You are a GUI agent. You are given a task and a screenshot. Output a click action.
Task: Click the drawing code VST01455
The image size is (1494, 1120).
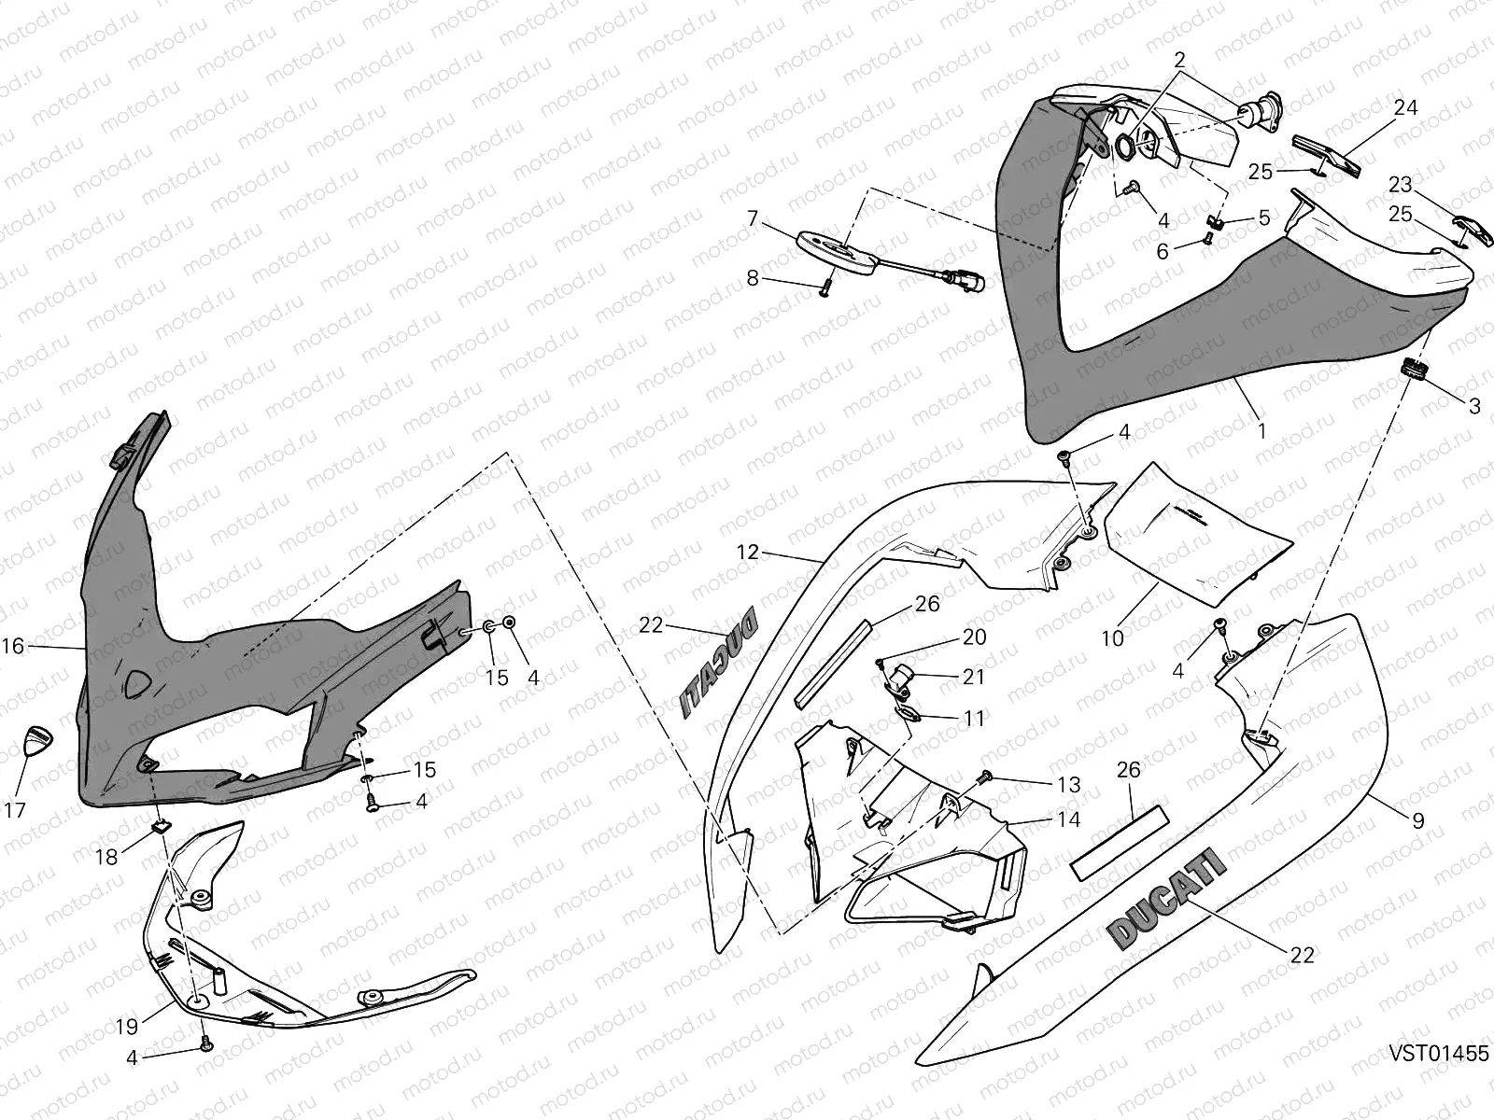coord(1438,1054)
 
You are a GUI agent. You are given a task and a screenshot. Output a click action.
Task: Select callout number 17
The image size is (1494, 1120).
coord(15,809)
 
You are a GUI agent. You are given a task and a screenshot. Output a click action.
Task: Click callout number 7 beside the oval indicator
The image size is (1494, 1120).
coord(753,219)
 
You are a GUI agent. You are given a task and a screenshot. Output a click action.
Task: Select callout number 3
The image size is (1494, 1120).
coord(1474,406)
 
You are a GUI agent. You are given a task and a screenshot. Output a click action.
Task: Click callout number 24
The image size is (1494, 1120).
coord(1404,108)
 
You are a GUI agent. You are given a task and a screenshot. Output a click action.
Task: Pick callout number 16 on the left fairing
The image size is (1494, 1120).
coord(13,645)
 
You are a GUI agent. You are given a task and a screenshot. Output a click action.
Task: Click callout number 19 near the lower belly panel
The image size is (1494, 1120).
coord(127,1027)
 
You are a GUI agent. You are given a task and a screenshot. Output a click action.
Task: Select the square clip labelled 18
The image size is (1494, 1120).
coord(160,825)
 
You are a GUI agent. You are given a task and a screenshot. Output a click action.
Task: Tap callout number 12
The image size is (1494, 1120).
coord(748,552)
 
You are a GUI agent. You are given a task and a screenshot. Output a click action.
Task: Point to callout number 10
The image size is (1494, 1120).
coord(1112,638)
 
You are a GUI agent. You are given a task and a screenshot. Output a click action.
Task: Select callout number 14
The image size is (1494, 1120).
coord(1069,819)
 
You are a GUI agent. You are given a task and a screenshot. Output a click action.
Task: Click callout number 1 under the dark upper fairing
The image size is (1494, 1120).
coord(1261,431)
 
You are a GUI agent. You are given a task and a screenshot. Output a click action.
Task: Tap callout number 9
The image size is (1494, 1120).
coord(1418,820)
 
